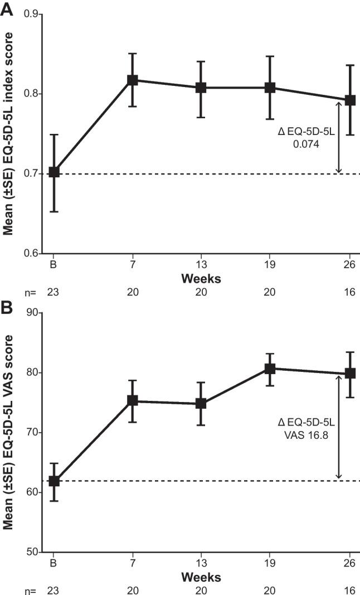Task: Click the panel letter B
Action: pos(7,306)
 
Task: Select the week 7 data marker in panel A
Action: pos(133,80)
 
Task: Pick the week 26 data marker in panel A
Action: pos(350,100)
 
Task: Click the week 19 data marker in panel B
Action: pos(270,369)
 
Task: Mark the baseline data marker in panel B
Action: pos(54,481)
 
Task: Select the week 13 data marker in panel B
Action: pos(201,404)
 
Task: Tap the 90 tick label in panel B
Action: pos(37,313)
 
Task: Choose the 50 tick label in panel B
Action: pos(37,552)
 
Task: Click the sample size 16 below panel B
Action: pos(349,589)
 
